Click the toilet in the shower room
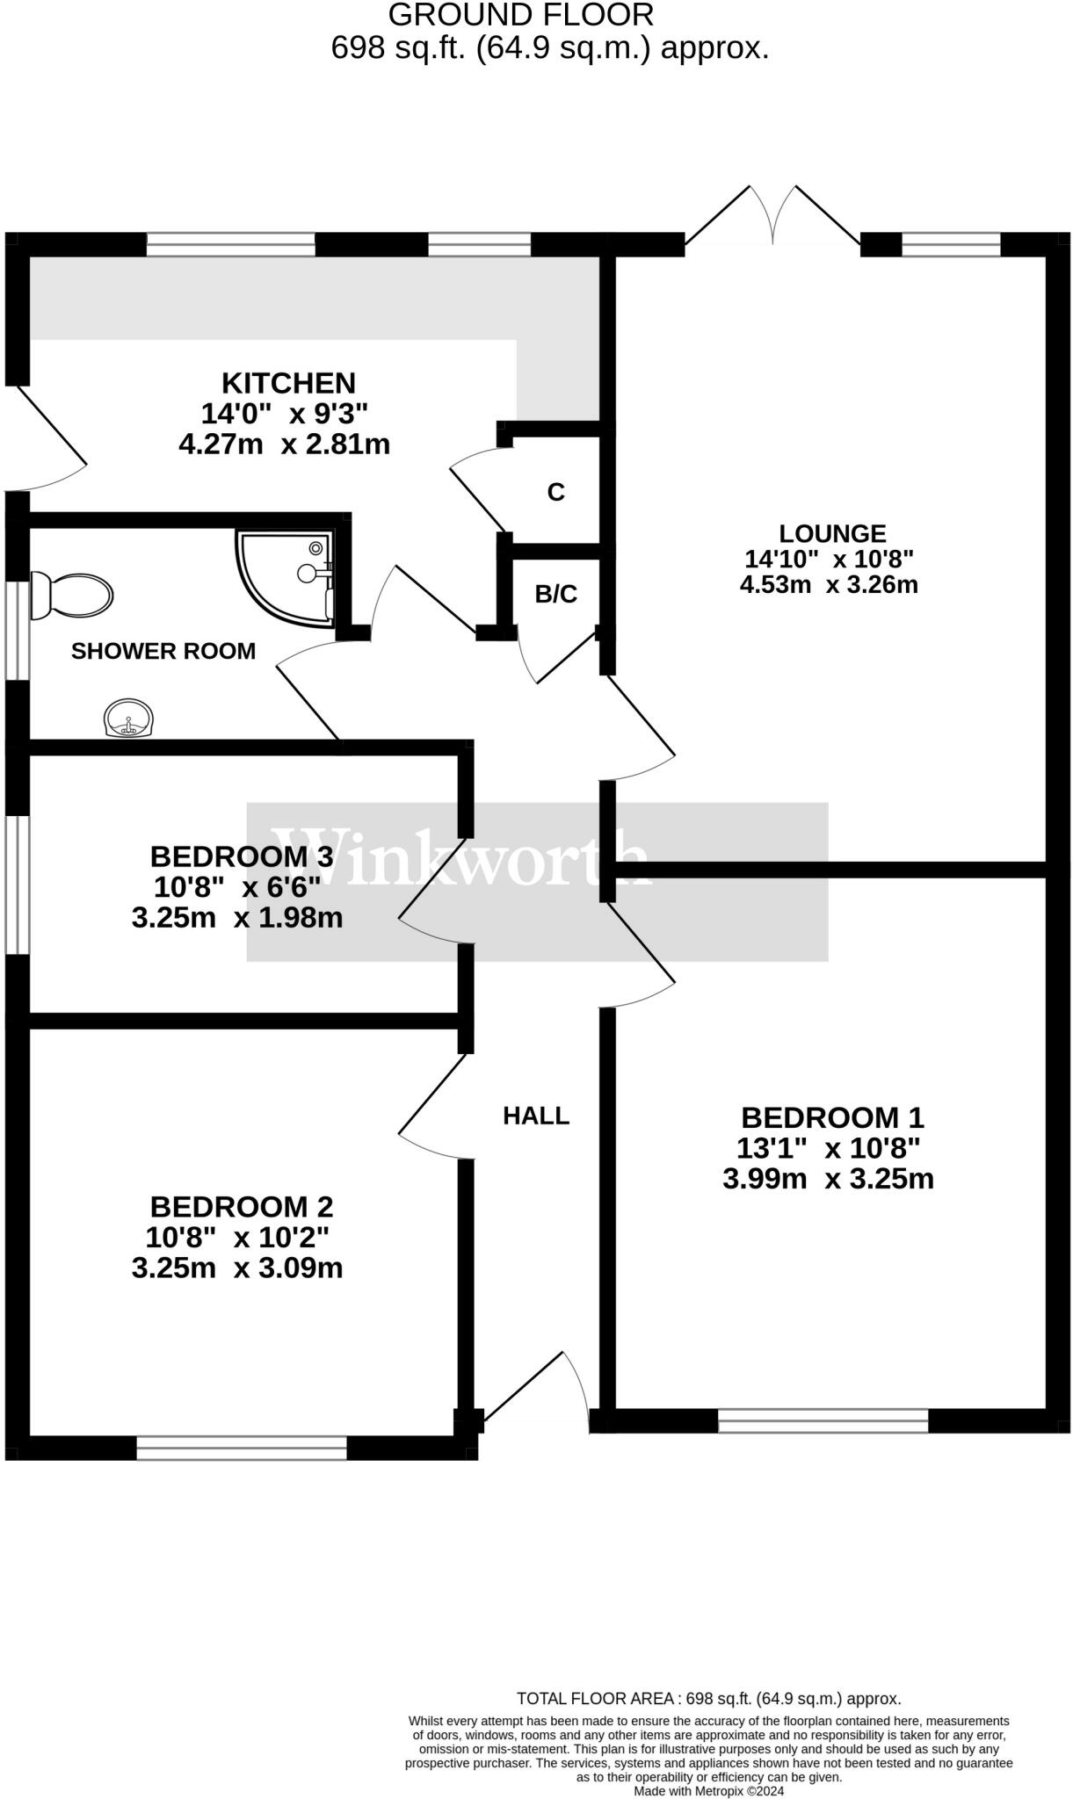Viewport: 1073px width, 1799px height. point(71,596)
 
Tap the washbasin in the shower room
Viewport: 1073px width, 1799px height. point(129,718)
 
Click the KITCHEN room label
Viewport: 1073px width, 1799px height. point(288,383)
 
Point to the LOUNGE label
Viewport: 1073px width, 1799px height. point(832,533)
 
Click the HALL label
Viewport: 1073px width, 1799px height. point(536,1116)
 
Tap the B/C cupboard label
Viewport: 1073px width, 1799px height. point(556,595)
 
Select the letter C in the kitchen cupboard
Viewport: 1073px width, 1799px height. point(555,492)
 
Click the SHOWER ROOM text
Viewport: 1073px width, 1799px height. point(163,651)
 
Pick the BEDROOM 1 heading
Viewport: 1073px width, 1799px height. point(832,1117)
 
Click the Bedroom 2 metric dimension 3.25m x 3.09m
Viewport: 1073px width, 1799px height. point(237,1268)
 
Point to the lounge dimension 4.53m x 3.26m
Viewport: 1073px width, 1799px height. point(829,584)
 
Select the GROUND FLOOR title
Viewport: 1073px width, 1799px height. point(521,15)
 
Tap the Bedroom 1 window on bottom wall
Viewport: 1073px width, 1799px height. point(823,1420)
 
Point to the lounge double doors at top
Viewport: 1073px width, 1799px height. point(772,216)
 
